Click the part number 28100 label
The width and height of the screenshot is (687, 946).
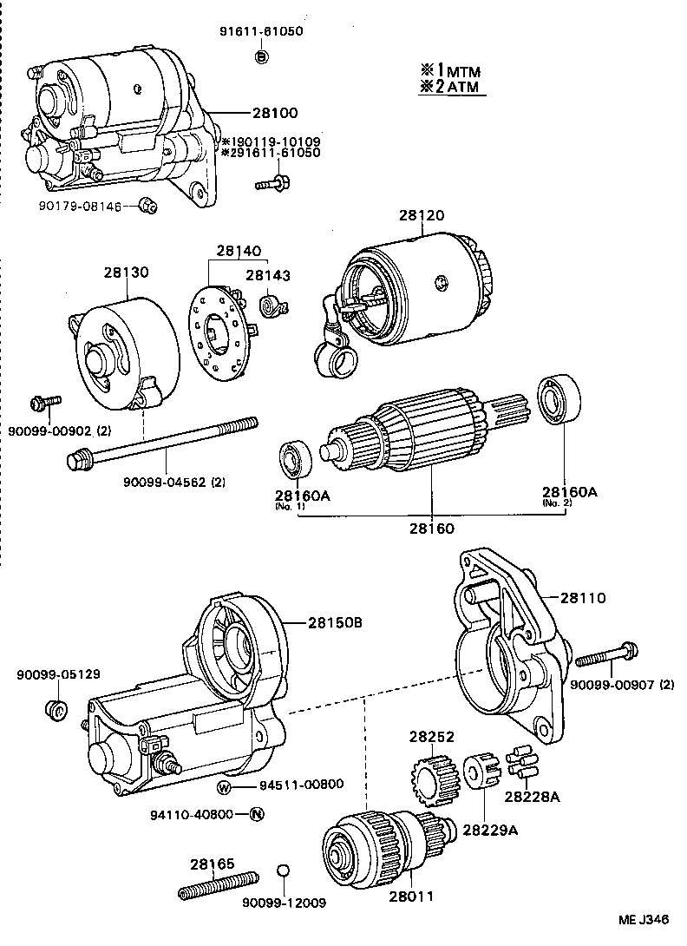point(275,113)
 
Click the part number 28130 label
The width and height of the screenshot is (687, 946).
point(126,272)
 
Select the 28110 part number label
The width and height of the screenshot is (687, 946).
point(582,598)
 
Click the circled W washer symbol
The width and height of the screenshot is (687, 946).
point(224,786)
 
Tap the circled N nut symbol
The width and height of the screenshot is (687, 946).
point(256,814)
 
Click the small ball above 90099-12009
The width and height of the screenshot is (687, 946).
point(282,871)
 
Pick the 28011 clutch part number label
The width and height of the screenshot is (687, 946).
point(411,897)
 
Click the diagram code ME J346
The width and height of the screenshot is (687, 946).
point(643,920)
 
